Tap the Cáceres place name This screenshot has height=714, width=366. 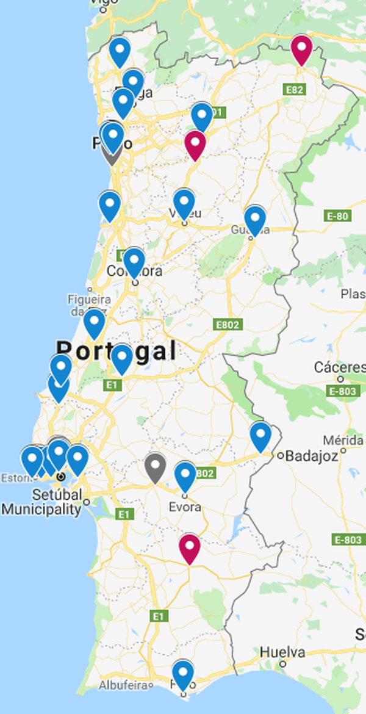340,367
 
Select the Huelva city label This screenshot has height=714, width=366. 282,652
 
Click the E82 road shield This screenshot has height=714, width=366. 294,90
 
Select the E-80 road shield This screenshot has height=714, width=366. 337,215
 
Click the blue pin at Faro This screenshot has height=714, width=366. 183,673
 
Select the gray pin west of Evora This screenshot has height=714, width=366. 156,466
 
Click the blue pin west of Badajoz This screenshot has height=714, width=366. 260,435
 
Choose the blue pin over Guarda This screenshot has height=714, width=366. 255,218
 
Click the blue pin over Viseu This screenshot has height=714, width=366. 184,201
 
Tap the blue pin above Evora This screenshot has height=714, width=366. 185,474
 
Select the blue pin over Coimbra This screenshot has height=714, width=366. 134,261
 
